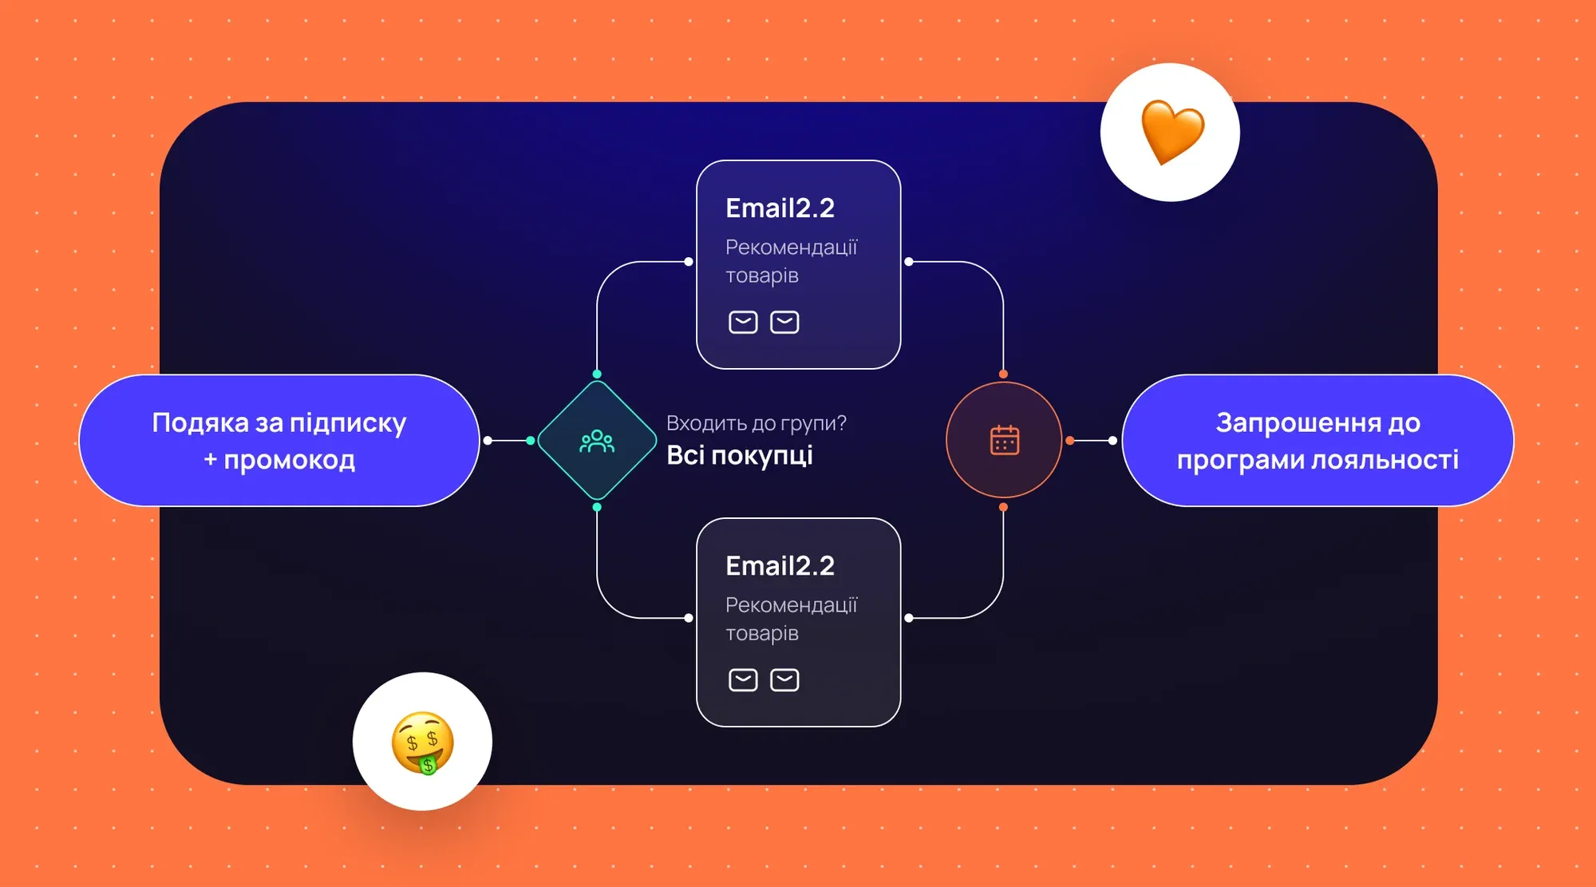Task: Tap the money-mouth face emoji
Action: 422,742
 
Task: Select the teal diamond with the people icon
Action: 597,441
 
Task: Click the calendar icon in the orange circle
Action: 1004,441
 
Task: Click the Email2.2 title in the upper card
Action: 780,208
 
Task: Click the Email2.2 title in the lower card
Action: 780,566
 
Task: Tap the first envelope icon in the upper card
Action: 743,322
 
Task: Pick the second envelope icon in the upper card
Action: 784,322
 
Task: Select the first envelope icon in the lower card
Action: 743,679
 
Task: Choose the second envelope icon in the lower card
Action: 784,679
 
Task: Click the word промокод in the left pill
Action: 289,461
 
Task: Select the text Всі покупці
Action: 740,455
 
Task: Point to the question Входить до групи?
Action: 756,423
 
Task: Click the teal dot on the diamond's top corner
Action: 597,374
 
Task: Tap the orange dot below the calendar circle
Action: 1003,507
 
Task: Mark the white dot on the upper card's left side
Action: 689,261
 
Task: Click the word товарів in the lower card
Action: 761,633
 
